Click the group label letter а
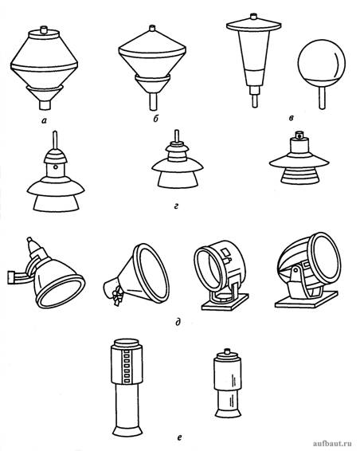click(x=44, y=121)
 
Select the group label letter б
click(x=155, y=119)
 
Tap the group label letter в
click(x=292, y=118)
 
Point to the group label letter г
click(x=176, y=206)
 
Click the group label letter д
click(x=178, y=322)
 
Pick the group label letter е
click(x=179, y=437)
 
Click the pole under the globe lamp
click(x=322, y=98)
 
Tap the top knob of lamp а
click(x=44, y=29)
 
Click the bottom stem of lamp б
click(x=153, y=101)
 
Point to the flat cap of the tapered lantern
click(x=253, y=25)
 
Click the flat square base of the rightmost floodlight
click(x=307, y=300)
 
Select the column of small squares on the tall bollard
click(x=127, y=367)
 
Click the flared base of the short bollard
click(x=229, y=414)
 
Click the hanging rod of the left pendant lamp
click(x=56, y=140)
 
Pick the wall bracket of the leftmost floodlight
click(x=18, y=277)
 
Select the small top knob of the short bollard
click(x=228, y=351)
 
